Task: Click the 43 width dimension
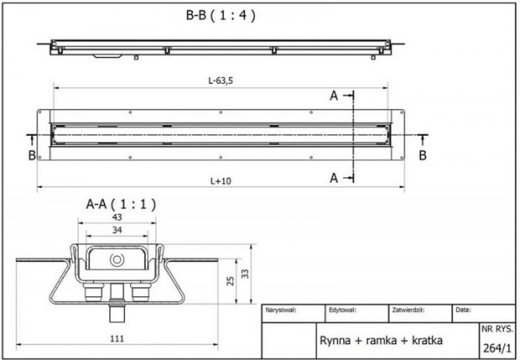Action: (x=116, y=216)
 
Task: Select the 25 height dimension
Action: (x=230, y=280)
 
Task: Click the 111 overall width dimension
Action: (x=116, y=338)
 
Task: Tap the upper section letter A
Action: (x=334, y=96)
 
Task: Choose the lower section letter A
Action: (x=334, y=177)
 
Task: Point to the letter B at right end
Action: (x=422, y=154)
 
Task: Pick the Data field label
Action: (x=463, y=310)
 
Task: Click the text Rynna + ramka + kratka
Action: (x=381, y=340)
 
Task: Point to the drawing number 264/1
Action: (x=497, y=346)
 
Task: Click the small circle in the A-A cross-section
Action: (x=117, y=260)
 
